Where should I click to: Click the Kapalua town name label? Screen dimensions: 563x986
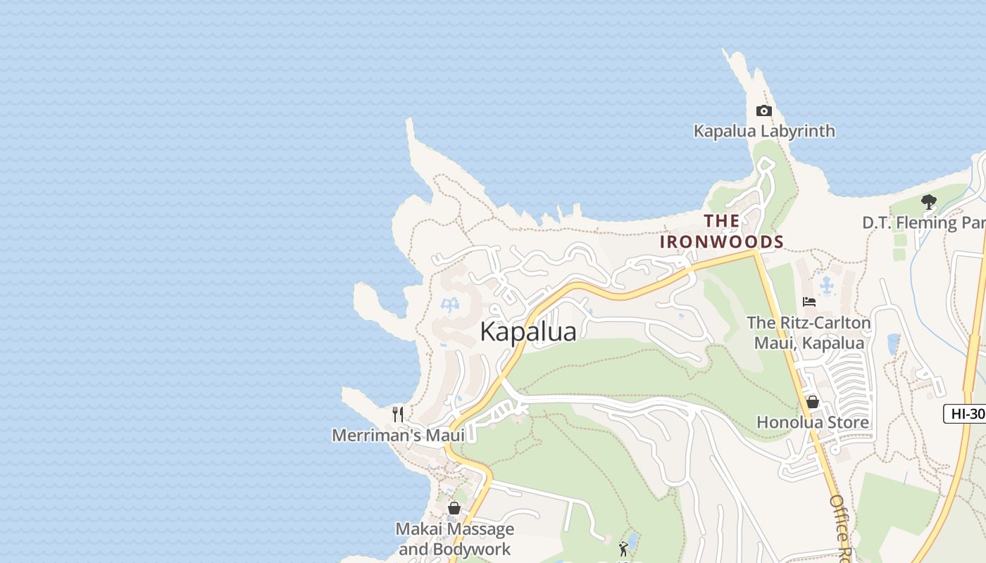[528, 331]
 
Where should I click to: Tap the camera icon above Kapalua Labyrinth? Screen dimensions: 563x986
[763, 110]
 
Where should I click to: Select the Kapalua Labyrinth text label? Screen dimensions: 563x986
[764, 131]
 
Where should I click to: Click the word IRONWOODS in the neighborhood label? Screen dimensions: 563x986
[721, 241]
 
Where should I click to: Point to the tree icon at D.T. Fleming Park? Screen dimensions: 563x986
[928, 202]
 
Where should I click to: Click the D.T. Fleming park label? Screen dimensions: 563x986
[923, 223]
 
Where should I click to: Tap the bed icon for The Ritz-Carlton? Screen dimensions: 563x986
[809, 302]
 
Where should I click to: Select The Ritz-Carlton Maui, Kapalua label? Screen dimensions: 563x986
[809, 333]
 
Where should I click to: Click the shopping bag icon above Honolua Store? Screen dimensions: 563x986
[812, 402]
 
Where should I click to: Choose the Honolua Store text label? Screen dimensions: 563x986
[812, 422]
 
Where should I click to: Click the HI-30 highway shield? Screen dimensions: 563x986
[966, 414]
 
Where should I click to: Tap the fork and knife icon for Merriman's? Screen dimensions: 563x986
[398, 414]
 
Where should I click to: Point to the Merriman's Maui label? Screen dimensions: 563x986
[398, 436]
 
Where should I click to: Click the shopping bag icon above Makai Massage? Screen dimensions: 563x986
[454, 507]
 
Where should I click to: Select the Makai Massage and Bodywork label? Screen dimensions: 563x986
[454, 539]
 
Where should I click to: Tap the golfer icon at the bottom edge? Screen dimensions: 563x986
[623, 549]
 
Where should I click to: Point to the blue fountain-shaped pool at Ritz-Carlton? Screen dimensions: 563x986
[827, 285]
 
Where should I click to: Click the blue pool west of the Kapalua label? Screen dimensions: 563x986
[449, 305]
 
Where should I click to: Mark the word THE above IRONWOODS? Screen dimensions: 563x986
[721, 221]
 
